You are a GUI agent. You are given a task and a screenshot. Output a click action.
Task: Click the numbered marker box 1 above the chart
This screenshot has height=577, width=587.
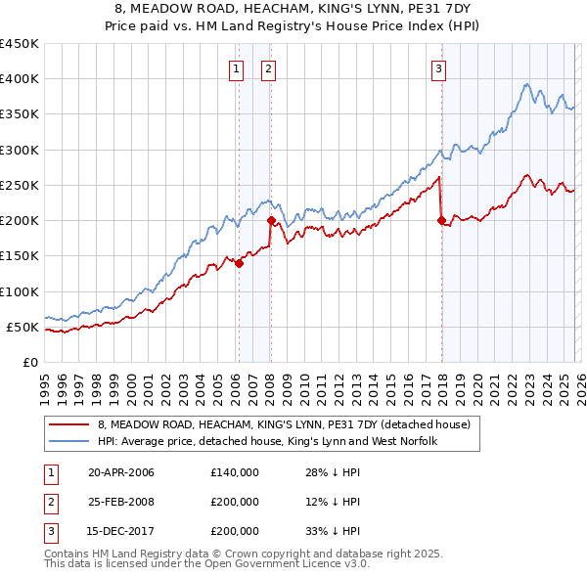click(237, 68)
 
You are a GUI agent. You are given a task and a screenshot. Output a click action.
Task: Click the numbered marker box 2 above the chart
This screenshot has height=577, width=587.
click(268, 68)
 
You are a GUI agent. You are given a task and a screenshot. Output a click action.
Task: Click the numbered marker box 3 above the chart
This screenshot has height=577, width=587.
click(439, 68)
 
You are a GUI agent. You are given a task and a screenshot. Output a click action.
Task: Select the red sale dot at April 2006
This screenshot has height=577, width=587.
click(239, 262)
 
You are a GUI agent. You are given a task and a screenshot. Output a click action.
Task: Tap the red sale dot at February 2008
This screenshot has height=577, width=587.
click(271, 220)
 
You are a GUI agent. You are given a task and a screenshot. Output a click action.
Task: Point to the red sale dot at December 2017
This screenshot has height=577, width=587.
click(441, 220)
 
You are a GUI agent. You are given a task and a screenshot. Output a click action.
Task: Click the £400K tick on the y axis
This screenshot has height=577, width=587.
click(20, 79)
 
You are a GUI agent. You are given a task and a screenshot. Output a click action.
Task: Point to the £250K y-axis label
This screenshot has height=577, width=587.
click(20, 185)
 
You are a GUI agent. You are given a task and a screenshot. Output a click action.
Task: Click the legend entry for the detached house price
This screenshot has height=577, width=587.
click(284, 424)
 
